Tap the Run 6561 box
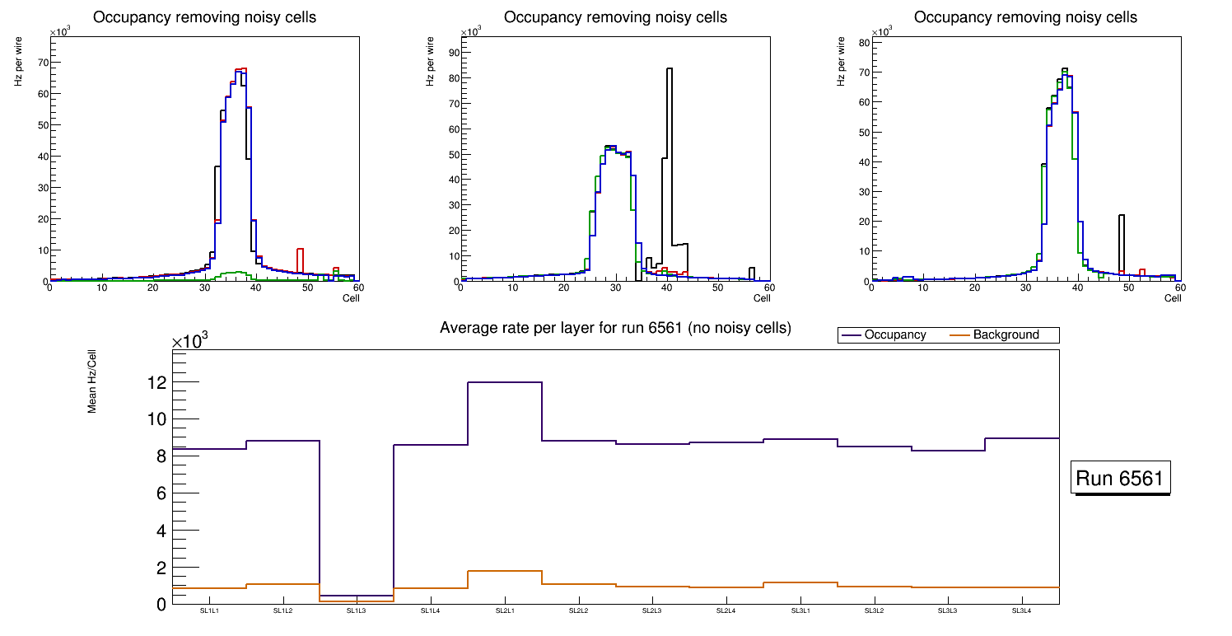tap(1122, 479)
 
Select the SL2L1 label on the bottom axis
tap(505, 611)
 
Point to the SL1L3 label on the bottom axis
tap(357, 611)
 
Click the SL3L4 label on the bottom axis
tap(1021, 611)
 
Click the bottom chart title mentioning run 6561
tap(615, 328)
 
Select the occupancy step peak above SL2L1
tap(505, 382)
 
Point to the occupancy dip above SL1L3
tap(357, 596)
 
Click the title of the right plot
tap(1026, 17)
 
